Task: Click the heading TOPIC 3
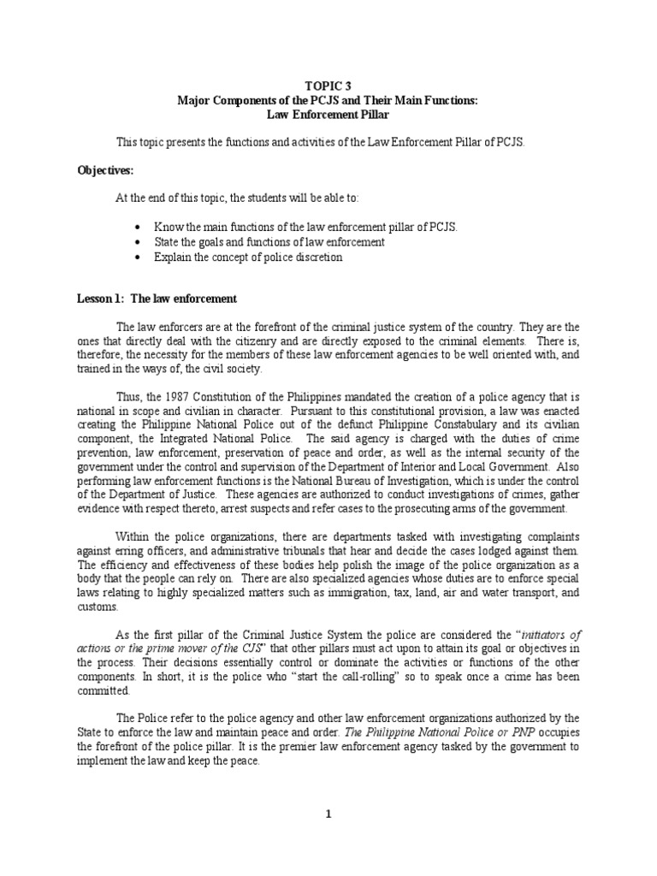(x=328, y=86)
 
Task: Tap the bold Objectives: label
(x=102, y=170)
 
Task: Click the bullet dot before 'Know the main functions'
(x=139, y=228)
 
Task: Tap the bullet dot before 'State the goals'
(x=139, y=242)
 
